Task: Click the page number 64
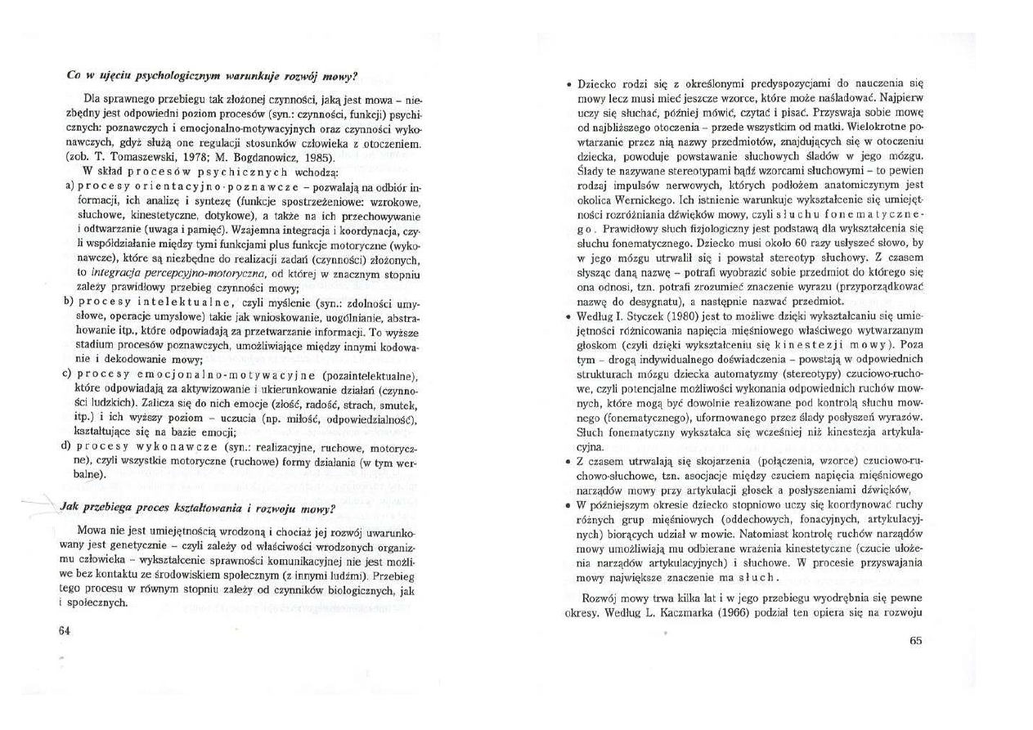point(65,629)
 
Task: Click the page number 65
point(915,641)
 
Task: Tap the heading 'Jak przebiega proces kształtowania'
point(198,507)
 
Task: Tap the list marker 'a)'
point(70,187)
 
